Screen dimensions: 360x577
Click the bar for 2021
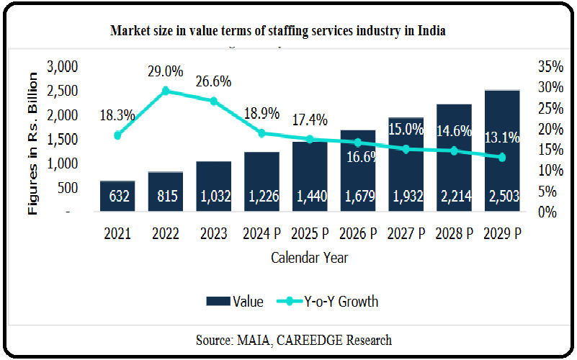coord(117,196)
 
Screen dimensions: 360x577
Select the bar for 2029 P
coord(502,150)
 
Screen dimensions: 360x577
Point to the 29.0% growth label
coord(166,72)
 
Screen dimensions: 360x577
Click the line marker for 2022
coord(166,91)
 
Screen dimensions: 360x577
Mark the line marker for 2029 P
coord(502,157)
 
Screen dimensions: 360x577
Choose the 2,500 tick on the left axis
coord(62,91)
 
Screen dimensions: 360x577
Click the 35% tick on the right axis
coord(550,67)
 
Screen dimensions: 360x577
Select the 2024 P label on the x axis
coord(261,233)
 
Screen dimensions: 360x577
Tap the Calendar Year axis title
coord(310,256)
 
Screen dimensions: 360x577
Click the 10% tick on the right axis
coord(550,171)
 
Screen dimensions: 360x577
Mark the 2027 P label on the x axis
coord(406,233)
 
